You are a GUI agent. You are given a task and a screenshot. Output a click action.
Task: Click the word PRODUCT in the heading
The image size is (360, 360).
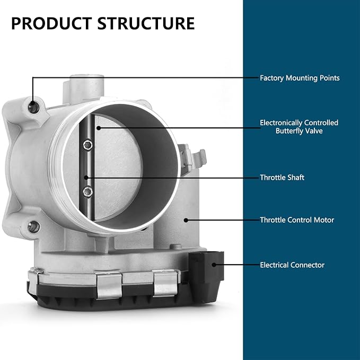[x=51, y=23]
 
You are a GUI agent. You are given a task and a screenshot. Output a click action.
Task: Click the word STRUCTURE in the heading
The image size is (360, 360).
[x=146, y=23]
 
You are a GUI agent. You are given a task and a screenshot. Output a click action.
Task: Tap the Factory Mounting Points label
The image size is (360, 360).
[x=300, y=78]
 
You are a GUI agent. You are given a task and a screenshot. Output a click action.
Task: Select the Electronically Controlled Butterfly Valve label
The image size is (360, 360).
[x=299, y=127]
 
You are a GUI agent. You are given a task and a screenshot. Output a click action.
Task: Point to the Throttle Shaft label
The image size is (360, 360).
[x=282, y=178]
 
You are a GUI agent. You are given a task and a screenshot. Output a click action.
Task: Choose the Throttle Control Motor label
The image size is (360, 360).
[x=297, y=220]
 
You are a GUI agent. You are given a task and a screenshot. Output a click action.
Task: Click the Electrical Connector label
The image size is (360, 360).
[x=292, y=265]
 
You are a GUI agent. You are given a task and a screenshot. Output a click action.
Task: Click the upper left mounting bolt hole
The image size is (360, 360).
[x=34, y=107]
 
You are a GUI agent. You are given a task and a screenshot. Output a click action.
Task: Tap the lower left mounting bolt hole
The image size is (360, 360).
[x=33, y=227]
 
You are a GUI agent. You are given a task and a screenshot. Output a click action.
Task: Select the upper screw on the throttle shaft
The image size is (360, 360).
[x=87, y=145]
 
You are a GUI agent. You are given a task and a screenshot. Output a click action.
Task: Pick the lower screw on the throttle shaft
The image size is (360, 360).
[x=87, y=192]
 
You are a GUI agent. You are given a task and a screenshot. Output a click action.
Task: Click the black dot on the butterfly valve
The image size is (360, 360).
[x=99, y=128]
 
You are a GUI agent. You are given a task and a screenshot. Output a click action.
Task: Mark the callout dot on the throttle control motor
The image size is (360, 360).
[x=186, y=220]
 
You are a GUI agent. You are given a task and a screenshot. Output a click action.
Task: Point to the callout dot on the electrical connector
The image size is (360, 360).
[x=214, y=265]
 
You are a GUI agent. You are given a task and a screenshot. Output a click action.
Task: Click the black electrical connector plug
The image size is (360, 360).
[x=206, y=277]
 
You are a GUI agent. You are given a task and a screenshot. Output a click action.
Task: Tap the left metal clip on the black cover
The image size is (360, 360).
[x=109, y=285]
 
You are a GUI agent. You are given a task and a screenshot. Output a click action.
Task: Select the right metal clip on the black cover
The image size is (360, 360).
[x=165, y=283]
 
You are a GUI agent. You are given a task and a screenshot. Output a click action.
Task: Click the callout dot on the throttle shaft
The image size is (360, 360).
[x=86, y=178]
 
